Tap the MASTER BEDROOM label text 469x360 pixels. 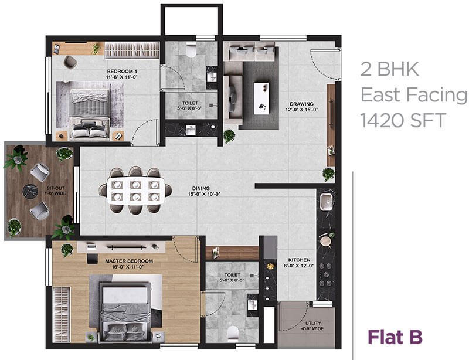128,261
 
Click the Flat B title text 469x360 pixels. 394,337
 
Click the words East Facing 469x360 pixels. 413,95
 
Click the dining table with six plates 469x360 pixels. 135,191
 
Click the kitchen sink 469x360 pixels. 327,203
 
